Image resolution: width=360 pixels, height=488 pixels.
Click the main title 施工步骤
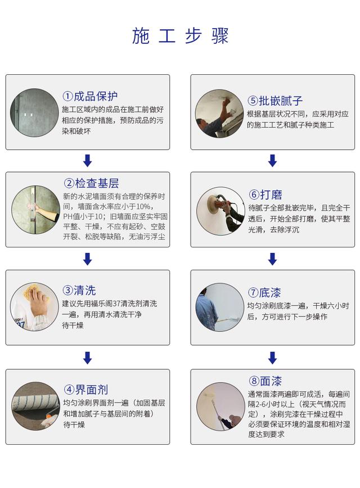point(180,36)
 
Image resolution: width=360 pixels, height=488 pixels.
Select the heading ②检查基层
point(91,183)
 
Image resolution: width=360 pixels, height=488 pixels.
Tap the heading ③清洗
point(79,290)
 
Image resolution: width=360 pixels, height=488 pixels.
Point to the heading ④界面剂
point(85,389)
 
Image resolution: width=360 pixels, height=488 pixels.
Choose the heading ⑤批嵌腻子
point(276,101)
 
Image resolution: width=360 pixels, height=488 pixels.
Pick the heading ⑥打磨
point(265,195)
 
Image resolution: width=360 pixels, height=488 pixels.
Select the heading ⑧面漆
point(265,381)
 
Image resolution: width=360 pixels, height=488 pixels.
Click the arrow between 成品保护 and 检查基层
point(87,161)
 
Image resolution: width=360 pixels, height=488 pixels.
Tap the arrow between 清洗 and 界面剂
point(87,357)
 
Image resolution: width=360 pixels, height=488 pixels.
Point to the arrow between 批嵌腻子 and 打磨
point(272,161)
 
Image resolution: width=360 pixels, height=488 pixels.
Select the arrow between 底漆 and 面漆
point(272,357)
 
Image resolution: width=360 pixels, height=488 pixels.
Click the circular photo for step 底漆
point(220,307)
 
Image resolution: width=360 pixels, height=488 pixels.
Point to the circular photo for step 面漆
point(220,406)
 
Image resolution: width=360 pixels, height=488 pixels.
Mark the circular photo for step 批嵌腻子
point(220,113)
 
